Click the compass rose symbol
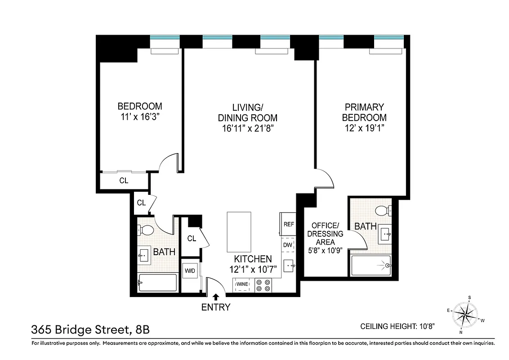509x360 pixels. click(x=465, y=314)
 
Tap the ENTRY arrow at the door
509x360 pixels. click(x=216, y=297)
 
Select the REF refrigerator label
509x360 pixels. click(x=288, y=224)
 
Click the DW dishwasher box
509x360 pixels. click(x=288, y=245)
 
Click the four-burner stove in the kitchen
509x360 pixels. click(x=263, y=285)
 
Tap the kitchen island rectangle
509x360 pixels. click(x=238, y=233)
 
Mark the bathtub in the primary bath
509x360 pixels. click(x=371, y=266)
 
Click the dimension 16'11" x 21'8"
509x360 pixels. click(x=247, y=129)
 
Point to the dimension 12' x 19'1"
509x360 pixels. click(x=364, y=128)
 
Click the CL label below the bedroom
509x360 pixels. click(x=124, y=181)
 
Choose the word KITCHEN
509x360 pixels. click(x=253, y=259)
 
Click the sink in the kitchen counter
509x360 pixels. click(x=289, y=265)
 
